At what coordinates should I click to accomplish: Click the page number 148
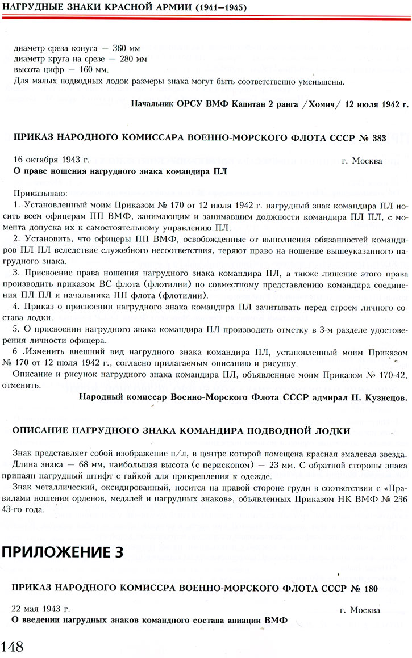pyautogui.click(x=12, y=646)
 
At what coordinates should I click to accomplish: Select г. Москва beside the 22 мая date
pyautogui.click(x=361, y=610)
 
